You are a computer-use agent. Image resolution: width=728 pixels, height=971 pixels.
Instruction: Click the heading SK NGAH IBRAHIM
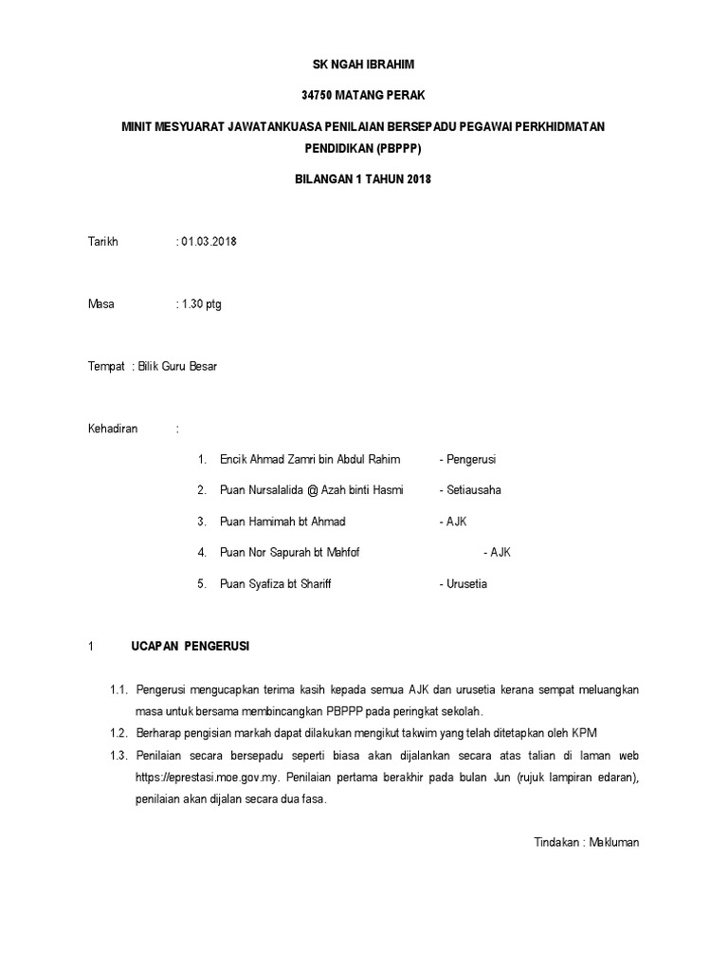pos(364,64)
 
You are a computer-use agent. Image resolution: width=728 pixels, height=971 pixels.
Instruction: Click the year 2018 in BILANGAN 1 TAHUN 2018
pos(418,179)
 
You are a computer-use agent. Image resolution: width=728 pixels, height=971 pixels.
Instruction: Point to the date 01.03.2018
pos(209,241)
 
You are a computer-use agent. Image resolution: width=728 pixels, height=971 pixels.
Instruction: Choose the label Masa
pos(100,304)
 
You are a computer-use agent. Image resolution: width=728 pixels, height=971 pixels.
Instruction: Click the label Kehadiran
pos(113,429)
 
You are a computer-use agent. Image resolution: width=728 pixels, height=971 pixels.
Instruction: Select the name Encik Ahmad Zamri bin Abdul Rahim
pos(309,460)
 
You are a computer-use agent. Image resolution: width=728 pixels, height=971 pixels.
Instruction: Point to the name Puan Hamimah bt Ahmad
pos(282,522)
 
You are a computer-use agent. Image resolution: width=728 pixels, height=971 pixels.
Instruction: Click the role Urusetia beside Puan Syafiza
pos(465,584)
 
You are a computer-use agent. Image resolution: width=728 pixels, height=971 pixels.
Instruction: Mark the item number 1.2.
pos(118,733)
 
